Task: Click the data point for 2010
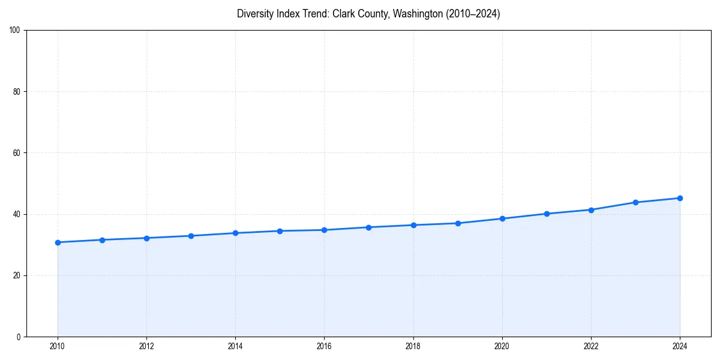click(x=58, y=242)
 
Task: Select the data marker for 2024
click(x=680, y=198)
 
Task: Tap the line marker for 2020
click(x=502, y=218)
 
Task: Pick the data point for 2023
click(x=635, y=202)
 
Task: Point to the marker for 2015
click(x=280, y=231)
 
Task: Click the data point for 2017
click(x=368, y=227)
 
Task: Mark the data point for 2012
click(x=146, y=238)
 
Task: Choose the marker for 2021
click(x=547, y=214)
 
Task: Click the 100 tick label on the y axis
click(x=15, y=31)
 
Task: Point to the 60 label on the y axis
click(x=17, y=153)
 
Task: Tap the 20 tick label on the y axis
click(x=17, y=275)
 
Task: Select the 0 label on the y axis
click(x=19, y=337)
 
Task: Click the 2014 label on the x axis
click(x=235, y=346)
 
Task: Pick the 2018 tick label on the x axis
click(x=413, y=346)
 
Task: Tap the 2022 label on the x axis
click(x=591, y=346)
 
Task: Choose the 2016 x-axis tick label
click(x=324, y=346)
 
